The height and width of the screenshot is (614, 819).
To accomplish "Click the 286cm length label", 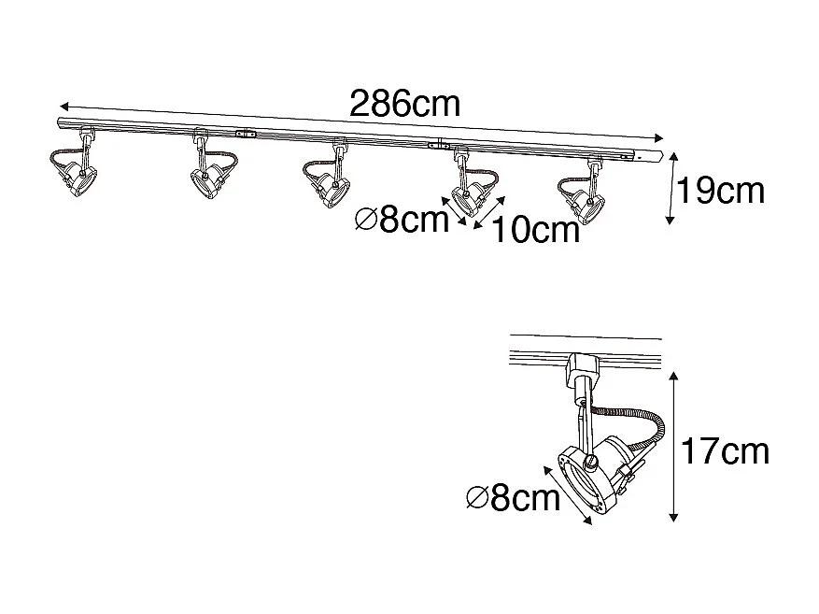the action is [404, 104].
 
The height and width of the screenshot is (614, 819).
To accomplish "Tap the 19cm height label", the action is [721, 191].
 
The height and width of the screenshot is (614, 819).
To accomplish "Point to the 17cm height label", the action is [726, 451].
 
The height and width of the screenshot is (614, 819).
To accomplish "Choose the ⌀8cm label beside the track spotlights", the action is [402, 219].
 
